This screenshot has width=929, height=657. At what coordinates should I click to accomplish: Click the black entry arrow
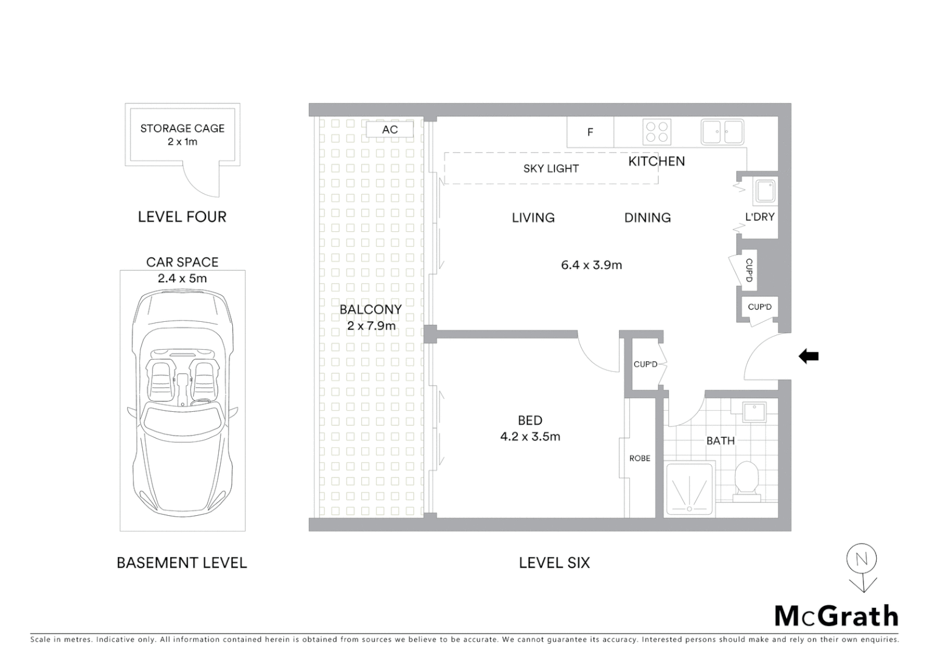pyautogui.click(x=809, y=356)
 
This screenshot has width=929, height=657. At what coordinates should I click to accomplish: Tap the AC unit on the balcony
pyautogui.click(x=390, y=130)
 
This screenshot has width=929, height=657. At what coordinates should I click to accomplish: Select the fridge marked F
pyautogui.click(x=590, y=132)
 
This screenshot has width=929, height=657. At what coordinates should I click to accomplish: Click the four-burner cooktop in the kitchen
pyautogui.click(x=657, y=132)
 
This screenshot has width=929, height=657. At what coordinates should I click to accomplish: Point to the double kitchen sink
pyautogui.click(x=722, y=131)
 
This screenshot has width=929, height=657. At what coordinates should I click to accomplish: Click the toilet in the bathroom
pyautogui.click(x=746, y=481)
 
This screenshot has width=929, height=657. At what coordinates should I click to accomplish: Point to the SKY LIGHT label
pyautogui.click(x=551, y=169)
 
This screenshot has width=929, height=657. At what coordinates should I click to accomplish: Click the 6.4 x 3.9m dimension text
pyautogui.click(x=591, y=265)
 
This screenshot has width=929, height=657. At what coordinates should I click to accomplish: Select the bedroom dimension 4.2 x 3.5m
pyautogui.click(x=530, y=436)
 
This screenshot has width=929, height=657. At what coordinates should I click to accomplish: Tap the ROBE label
pyautogui.click(x=640, y=458)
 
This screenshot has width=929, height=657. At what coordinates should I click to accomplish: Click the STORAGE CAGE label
pyautogui.click(x=182, y=128)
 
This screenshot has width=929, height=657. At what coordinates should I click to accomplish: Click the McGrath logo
pyautogui.click(x=836, y=616)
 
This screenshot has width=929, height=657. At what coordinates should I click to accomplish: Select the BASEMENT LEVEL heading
pyautogui.click(x=182, y=563)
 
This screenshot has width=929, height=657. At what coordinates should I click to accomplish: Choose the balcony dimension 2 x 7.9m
pyautogui.click(x=371, y=326)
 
